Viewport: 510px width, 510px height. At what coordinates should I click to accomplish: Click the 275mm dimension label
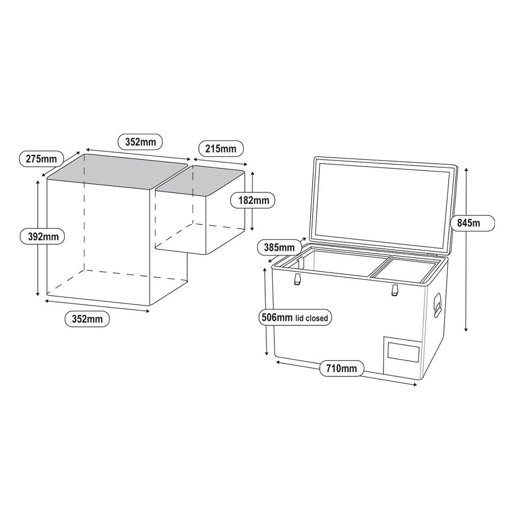click(41, 159)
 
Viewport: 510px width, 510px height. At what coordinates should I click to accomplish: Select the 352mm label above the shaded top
click(141, 142)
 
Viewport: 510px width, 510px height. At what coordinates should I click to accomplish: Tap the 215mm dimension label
click(221, 148)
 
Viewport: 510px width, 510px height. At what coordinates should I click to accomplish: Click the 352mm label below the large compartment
click(87, 319)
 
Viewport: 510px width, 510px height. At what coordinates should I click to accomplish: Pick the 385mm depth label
click(279, 247)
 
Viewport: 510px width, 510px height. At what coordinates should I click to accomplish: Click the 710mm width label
click(342, 368)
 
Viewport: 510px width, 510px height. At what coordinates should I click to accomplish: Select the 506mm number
click(277, 317)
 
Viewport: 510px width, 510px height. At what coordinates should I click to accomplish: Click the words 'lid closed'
click(312, 318)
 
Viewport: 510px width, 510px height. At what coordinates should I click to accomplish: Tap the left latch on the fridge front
click(297, 279)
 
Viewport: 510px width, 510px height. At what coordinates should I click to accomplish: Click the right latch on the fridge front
click(395, 290)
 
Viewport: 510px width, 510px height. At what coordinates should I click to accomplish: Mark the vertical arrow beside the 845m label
click(466, 249)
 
